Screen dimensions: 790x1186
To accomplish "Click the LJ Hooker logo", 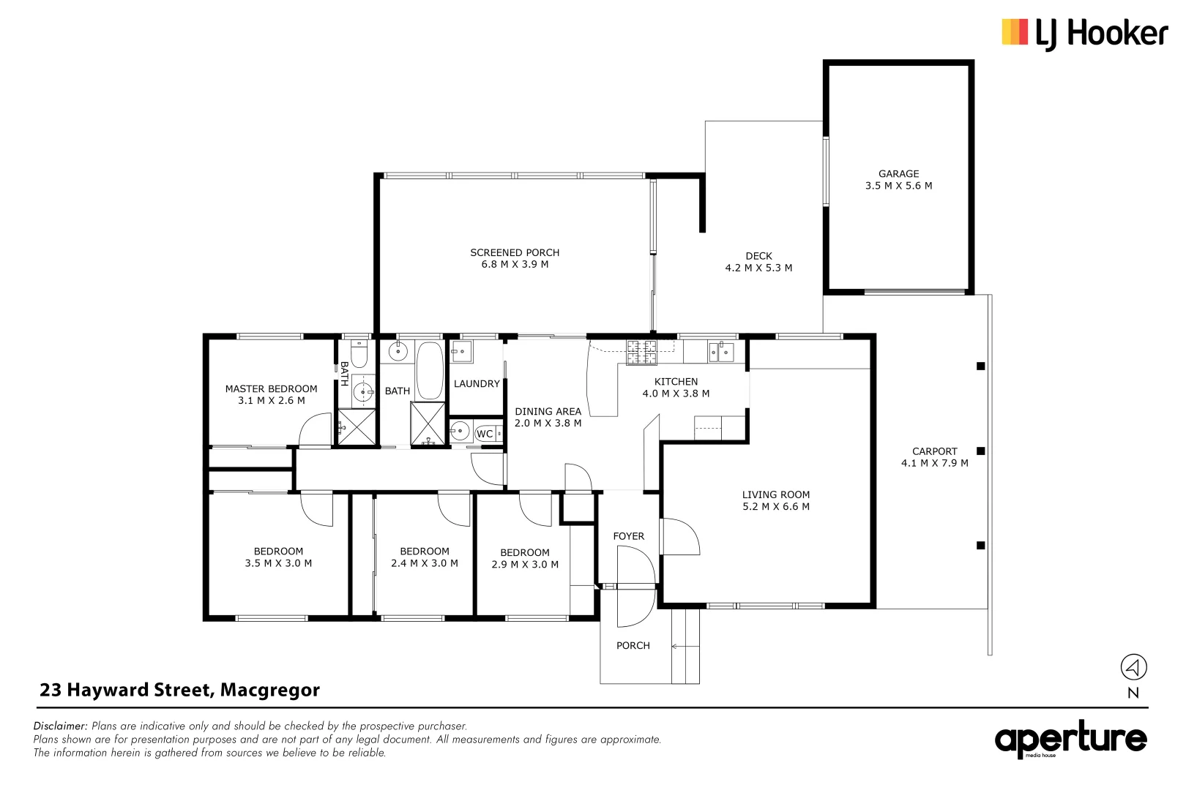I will coord(1084,34).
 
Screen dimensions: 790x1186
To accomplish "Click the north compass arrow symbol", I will coord(1133,667).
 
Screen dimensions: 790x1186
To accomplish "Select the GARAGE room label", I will coord(898,174).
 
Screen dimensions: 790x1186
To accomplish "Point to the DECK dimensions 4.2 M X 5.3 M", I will coord(758,268).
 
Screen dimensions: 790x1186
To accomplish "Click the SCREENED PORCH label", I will coord(515,253).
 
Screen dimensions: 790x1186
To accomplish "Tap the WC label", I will coord(485,434).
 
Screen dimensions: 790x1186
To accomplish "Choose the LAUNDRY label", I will coord(477,384).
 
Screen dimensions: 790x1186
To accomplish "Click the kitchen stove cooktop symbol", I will coord(641,353).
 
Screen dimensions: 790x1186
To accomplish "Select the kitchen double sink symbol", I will coord(720,353).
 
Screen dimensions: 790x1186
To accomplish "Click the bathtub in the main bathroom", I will coord(430,370).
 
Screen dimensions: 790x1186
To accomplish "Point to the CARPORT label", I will coord(934,452).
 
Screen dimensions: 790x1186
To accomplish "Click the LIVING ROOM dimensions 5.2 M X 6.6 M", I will coord(776,507).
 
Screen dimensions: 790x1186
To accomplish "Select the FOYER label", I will coord(628,537).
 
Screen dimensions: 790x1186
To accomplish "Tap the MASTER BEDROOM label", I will coord(271,389).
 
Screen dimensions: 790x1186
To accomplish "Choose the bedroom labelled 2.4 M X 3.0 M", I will coord(425,557).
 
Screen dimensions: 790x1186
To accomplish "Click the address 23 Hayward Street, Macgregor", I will coord(180,691).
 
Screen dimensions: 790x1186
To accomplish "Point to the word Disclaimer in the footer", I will coord(60,726).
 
